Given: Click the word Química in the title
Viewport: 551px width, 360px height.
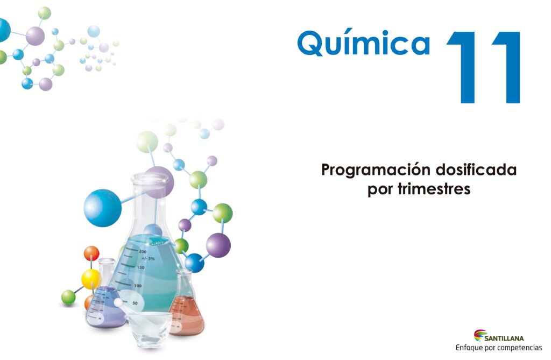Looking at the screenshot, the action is coord(363,43).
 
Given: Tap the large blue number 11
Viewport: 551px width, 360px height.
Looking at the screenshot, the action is coord(483,67).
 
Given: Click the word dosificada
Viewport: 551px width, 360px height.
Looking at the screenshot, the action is coord(476,170).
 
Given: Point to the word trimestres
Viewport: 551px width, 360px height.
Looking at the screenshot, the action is coord(434,189).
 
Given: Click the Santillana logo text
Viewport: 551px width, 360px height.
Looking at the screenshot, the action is coord(504,338).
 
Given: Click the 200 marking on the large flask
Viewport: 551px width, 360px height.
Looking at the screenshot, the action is coord(142,251).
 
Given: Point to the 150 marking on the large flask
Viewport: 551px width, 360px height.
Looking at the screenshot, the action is coord(140,267).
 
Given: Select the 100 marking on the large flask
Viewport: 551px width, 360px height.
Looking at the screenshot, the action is coord(138,286).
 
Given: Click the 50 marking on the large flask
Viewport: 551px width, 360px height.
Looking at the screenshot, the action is coord(135,303).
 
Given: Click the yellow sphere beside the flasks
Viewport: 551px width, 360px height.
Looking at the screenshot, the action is coord(90,279).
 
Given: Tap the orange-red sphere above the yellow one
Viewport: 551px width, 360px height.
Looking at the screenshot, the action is coord(91,253).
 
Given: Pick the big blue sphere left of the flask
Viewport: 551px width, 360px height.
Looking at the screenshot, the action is coord(103,208).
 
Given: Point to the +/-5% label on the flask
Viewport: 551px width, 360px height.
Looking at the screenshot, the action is coord(148,259).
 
